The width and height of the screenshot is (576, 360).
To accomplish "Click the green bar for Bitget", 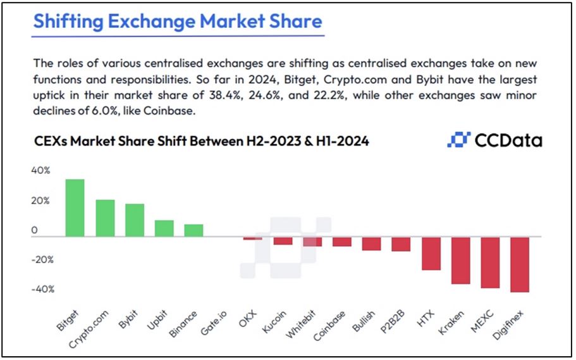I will coord(75,208).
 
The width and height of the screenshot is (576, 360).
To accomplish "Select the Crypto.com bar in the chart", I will coord(105,218).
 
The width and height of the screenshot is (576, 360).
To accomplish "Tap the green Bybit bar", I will coord(135,220).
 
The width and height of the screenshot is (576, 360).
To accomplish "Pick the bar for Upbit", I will coord(164,228).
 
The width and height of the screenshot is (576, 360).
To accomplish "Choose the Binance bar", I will coord(193,230).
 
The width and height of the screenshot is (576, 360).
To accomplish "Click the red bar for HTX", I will coord(431,254).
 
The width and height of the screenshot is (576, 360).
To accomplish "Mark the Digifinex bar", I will coord(519,264).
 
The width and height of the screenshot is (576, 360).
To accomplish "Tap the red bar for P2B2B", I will coord(401,244).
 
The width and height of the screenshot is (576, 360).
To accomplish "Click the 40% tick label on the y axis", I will coord(39,171).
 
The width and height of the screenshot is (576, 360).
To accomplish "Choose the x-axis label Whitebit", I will coord(304,323).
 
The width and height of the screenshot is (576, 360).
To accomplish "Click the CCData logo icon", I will coord(459,140).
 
